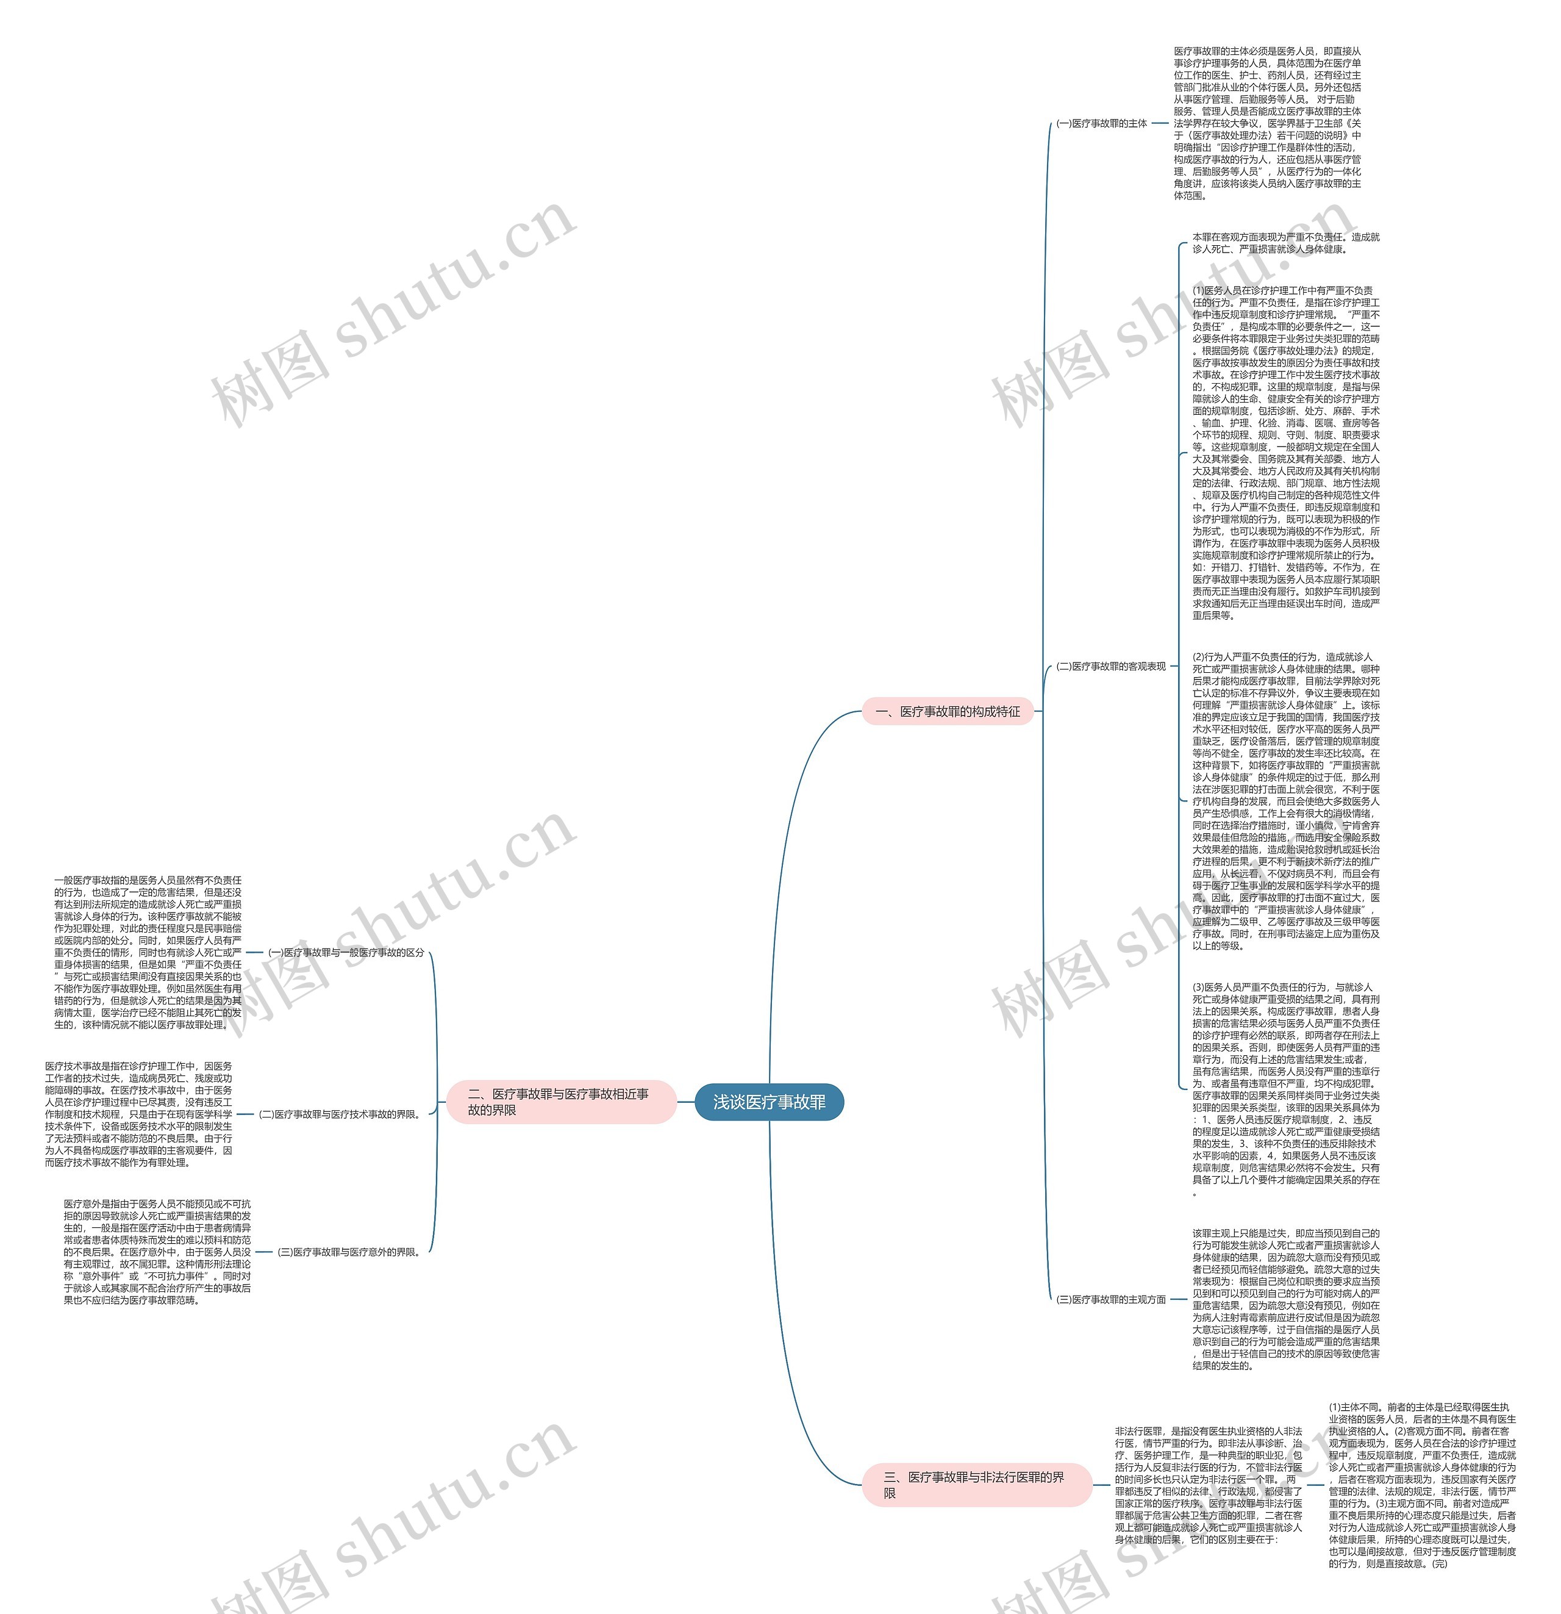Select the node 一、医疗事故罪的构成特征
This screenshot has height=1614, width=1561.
(947, 711)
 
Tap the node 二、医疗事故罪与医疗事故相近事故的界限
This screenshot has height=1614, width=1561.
(560, 1102)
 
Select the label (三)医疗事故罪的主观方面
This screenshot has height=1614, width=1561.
(1110, 1299)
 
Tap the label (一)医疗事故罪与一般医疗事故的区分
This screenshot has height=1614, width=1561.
(346, 952)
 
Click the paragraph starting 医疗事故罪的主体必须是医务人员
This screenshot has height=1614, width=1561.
(1267, 123)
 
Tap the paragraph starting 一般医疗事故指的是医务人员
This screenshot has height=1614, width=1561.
(148, 952)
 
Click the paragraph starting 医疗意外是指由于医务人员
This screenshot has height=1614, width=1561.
(157, 1252)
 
